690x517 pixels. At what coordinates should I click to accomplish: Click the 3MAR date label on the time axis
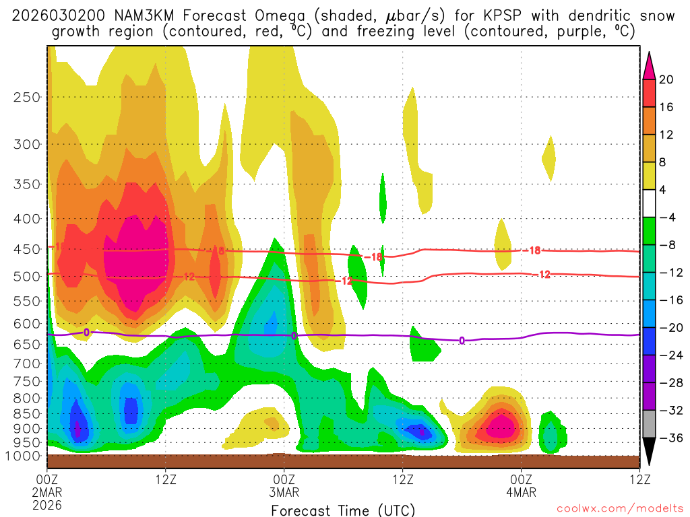click(284, 492)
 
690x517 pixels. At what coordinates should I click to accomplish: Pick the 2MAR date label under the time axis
click(46, 492)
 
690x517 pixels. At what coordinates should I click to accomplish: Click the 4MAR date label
click(521, 492)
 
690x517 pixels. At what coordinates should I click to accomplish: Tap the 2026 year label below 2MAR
click(46, 504)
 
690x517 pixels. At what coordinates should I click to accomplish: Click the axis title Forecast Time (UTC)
click(344, 510)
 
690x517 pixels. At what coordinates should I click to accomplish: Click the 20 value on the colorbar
click(667, 79)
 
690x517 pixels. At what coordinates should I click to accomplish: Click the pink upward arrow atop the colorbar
click(649, 65)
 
